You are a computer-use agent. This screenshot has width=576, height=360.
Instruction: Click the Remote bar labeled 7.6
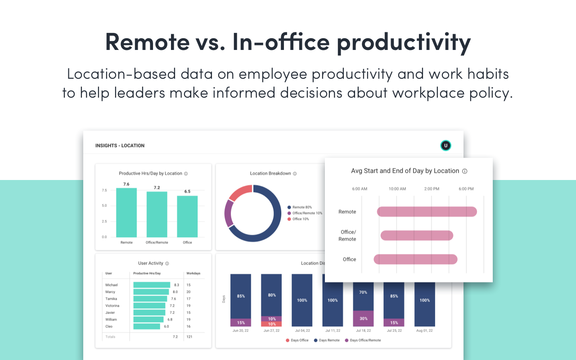click(x=126, y=212)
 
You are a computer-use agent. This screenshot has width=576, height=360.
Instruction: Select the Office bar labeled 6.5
click(x=187, y=216)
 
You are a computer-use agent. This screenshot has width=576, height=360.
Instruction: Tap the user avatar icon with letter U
click(x=445, y=145)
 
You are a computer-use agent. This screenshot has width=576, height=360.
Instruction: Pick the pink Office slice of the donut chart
click(x=240, y=193)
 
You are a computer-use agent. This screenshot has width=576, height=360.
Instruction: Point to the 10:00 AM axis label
click(x=397, y=189)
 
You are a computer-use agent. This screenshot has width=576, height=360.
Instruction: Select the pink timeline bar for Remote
click(x=427, y=211)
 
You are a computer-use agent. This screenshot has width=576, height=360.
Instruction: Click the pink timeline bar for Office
click(x=415, y=259)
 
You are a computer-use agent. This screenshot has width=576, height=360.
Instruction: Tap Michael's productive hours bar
click(x=152, y=285)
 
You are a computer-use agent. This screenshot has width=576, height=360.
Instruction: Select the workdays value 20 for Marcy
click(x=189, y=292)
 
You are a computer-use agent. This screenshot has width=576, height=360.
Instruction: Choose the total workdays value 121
click(x=189, y=337)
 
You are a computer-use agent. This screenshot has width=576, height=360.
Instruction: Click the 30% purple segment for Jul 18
click(x=363, y=319)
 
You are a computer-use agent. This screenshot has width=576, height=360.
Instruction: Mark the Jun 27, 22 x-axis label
click(x=271, y=330)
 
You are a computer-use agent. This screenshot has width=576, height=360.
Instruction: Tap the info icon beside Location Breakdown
click(x=295, y=174)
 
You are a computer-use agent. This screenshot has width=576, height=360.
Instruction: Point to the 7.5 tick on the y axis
click(x=104, y=190)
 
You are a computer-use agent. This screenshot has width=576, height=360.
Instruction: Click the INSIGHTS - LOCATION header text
click(x=120, y=146)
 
